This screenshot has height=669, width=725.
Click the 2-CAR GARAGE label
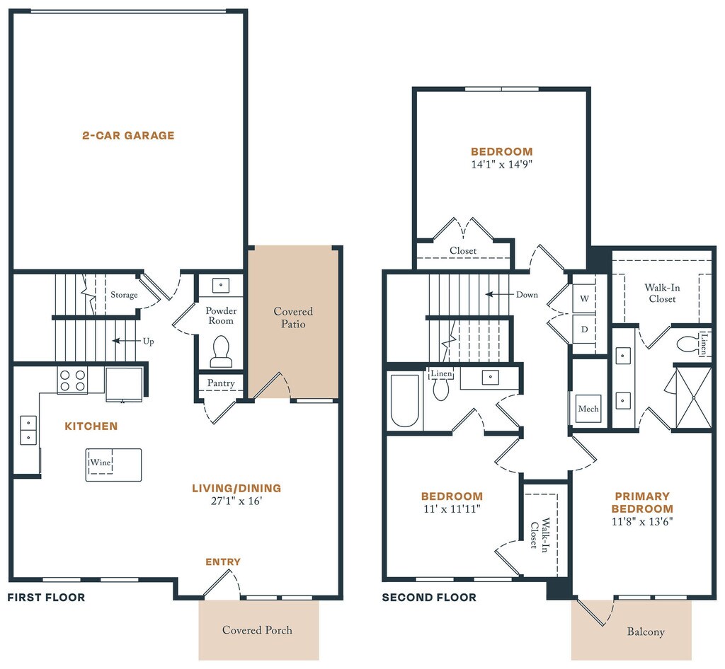(x=128, y=135)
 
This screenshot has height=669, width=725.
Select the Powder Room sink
(x=221, y=285)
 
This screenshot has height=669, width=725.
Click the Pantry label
(x=221, y=383)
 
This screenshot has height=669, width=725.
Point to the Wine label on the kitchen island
(x=101, y=462)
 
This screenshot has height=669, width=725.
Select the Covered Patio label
(x=293, y=318)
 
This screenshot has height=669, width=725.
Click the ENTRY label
(x=223, y=562)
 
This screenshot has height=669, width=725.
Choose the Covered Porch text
(x=257, y=630)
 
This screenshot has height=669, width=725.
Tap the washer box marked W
(x=584, y=298)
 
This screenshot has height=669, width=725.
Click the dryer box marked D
(x=584, y=329)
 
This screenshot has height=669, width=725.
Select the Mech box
(x=588, y=409)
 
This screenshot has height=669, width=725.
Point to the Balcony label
(x=646, y=632)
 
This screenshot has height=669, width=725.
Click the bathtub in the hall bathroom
(x=405, y=400)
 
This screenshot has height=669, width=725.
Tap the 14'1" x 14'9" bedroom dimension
(x=502, y=164)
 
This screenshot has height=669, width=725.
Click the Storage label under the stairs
(x=124, y=295)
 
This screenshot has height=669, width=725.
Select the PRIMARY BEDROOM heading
(x=642, y=502)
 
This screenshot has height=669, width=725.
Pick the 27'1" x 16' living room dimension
(x=236, y=501)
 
